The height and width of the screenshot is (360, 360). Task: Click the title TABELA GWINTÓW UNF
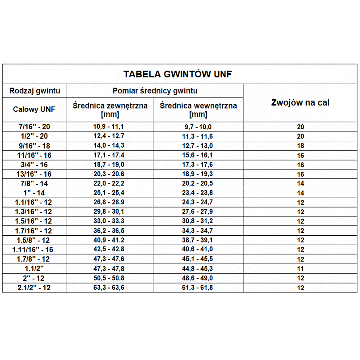(178, 74)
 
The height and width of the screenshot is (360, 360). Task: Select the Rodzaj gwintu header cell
(34, 91)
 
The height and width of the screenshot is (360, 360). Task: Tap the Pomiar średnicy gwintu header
(155, 91)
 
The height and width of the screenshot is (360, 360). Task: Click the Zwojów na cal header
(300, 102)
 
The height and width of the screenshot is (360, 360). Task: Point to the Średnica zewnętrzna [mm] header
(110, 110)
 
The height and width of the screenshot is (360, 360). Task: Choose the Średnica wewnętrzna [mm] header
(198, 110)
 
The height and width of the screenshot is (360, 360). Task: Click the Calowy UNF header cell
(34, 109)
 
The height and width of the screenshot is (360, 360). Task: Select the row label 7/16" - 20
(34, 127)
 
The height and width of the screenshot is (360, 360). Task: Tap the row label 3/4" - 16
(34, 165)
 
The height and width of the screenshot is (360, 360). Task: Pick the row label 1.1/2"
(34, 269)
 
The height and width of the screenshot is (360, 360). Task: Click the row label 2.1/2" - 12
(34, 288)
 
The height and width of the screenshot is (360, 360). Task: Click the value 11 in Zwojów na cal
(301, 269)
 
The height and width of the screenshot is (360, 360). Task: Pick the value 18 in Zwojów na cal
(301, 146)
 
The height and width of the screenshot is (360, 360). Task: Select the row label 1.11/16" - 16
(34, 250)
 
